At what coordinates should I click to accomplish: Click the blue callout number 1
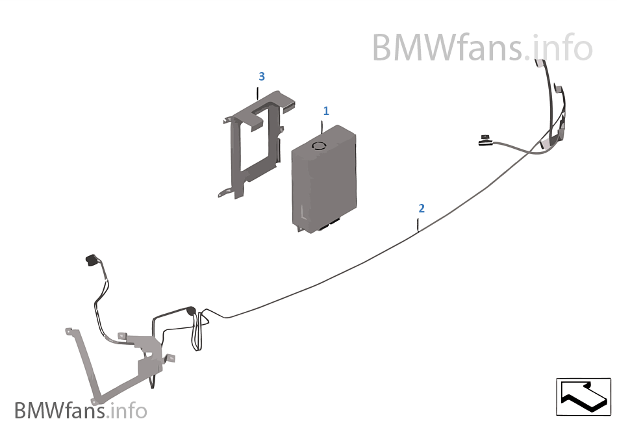[326, 111]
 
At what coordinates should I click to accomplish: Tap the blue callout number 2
[422, 208]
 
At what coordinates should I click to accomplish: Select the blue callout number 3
[261, 76]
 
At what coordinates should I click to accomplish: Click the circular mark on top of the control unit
[318, 146]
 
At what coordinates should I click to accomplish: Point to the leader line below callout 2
[418, 225]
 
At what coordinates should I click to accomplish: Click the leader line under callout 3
[258, 93]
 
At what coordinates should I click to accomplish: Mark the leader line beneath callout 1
[322, 127]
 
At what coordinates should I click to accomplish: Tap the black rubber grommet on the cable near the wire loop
[191, 311]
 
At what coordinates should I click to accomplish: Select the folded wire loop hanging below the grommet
[198, 335]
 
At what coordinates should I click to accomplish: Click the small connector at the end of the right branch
[483, 138]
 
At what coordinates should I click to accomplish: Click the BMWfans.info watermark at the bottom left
[81, 411]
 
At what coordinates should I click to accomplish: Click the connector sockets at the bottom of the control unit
[328, 225]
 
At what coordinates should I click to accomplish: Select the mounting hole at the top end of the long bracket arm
[68, 331]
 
